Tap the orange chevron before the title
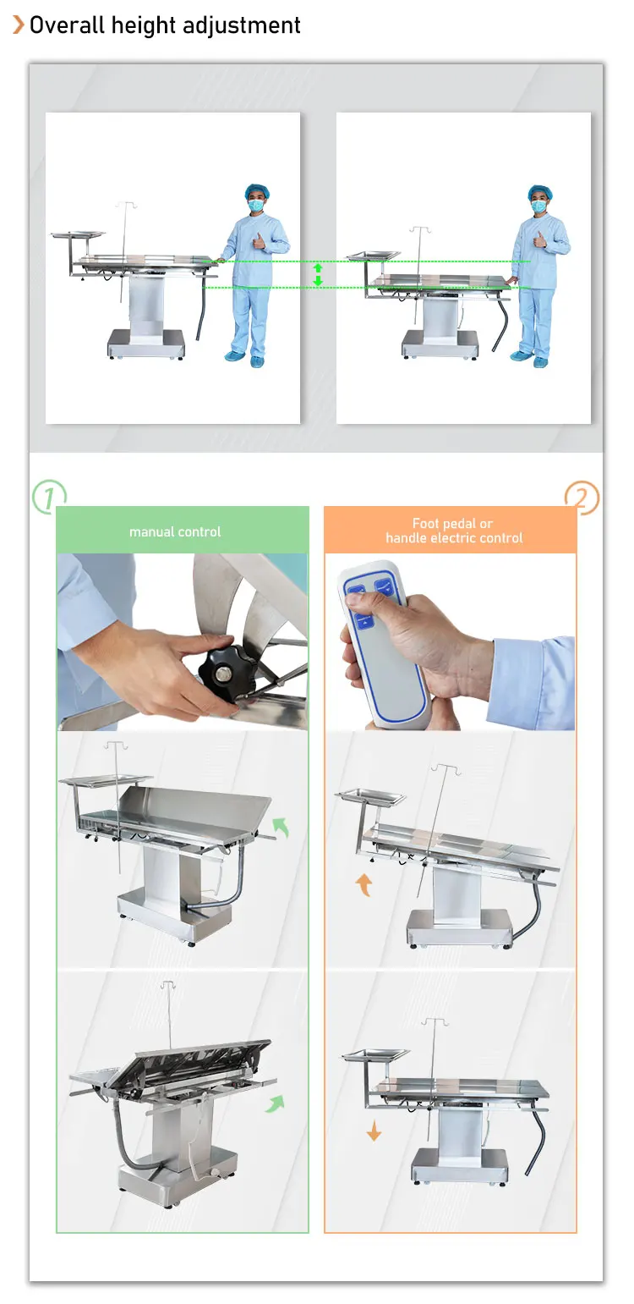pyautogui.click(x=19, y=25)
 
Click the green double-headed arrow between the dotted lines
pyautogui.click(x=318, y=275)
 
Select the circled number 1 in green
pyautogui.click(x=49, y=497)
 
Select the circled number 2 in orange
pyautogui.click(x=582, y=498)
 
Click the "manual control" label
pyautogui.click(x=175, y=531)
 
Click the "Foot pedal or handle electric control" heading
pyautogui.click(x=454, y=531)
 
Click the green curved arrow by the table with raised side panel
pyautogui.click(x=281, y=827)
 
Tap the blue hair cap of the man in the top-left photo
pyautogui.click(x=255, y=191)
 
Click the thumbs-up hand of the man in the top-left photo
pyautogui.click(x=259, y=240)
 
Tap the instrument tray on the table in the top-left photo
pyautogui.click(x=78, y=234)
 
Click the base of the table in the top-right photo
pyautogui.click(x=440, y=344)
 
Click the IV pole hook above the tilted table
pyautogui.click(x=169, y=985)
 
